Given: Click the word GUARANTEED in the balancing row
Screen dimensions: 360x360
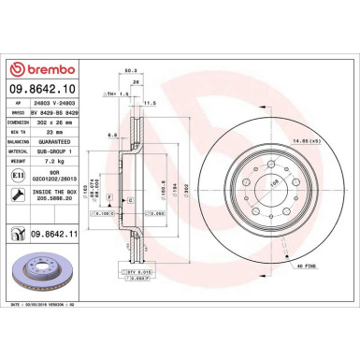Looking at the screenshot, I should [61, 142].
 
